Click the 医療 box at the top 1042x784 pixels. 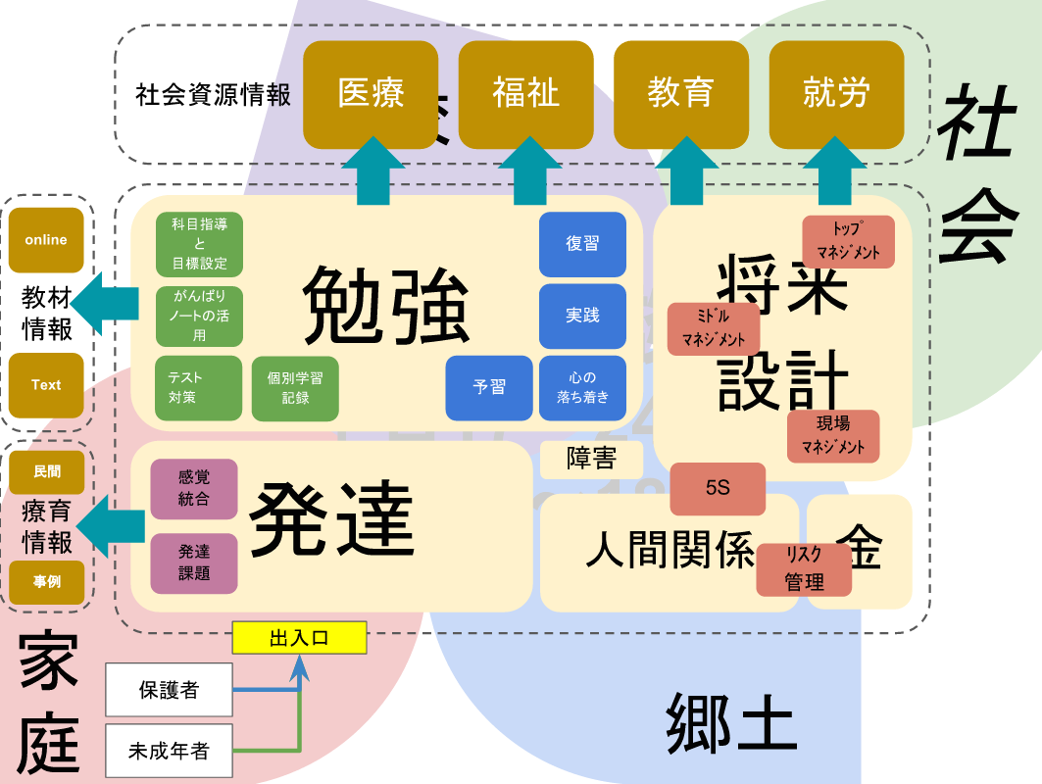[371, 94]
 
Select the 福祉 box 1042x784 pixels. [525, 94]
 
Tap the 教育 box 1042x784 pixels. [680, 94]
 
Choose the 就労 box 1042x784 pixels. [836, 94]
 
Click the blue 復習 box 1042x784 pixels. [582, 244]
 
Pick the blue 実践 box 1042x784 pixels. [582, 316]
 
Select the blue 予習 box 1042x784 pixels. [489, 387]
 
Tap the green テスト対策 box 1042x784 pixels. [198, 387]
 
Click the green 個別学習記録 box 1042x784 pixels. [295, 387]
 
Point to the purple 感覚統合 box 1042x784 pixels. [194, 488]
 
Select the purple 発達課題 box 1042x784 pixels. [194, 563]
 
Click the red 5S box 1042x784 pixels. [717, 488]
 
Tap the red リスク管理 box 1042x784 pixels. [804, 569]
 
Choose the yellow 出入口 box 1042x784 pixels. [299, 638]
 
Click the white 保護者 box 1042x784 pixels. [169, 690]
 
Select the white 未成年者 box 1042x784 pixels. [169, 752]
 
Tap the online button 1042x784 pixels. [46, 240]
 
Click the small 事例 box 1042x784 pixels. [46, 581]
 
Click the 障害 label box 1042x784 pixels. [591, 459]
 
